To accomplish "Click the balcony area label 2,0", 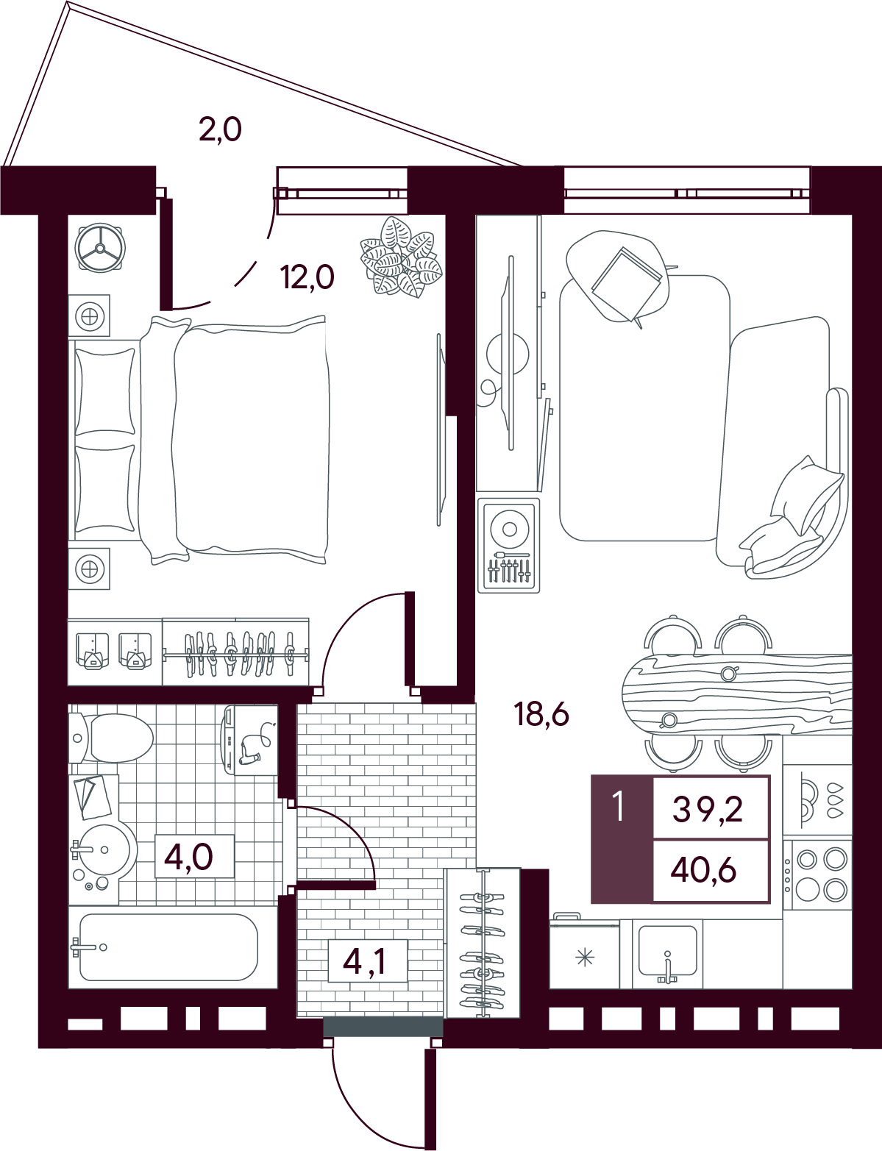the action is pos(221,129).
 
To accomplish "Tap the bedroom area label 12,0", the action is pos(307,277).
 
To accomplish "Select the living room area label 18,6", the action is pos(541,715).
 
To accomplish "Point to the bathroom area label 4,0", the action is pos(188,857).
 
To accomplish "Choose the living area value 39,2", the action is pos(708,810).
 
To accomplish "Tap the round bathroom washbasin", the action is pos(103,851).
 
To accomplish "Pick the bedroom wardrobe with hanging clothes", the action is pos(235,652).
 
